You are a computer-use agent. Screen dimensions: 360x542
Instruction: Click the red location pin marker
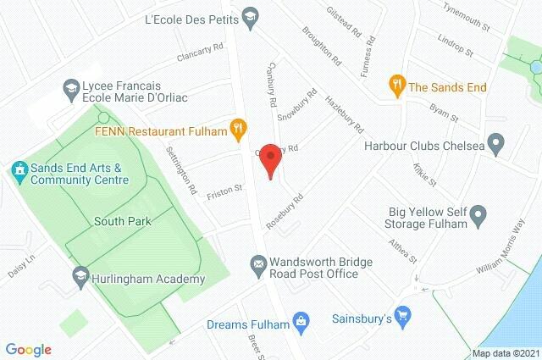tap(270, 158)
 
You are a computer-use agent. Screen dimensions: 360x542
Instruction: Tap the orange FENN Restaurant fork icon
tap(239, 130)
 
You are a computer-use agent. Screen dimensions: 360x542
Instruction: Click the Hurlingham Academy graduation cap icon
tap(80, 274)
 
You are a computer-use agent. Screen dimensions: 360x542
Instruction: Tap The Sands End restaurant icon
tap(395, 84)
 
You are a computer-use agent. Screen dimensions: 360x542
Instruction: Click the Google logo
tap(28, 349)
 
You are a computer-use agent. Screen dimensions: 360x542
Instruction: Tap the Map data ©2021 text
tap(506, 353)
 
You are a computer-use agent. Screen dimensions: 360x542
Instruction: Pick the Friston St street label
tap(226, 191)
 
